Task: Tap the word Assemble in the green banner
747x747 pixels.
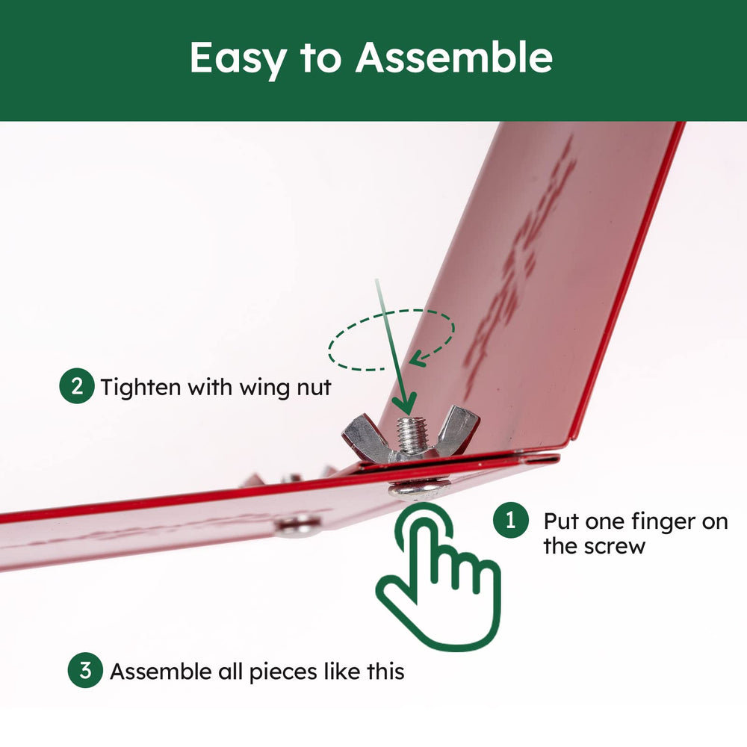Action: coord(454,58)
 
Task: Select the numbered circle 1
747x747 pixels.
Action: coord(511,520)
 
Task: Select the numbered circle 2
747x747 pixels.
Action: coord(77,386)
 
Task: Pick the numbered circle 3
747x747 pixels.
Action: coord(85,670)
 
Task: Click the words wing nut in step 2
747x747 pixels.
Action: coord(285,388)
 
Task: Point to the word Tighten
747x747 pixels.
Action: coord(141,387)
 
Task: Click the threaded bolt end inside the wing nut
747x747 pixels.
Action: coord(412,434)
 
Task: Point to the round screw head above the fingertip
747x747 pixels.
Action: coord(419,489)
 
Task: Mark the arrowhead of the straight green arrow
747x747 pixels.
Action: coord(404,403)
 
